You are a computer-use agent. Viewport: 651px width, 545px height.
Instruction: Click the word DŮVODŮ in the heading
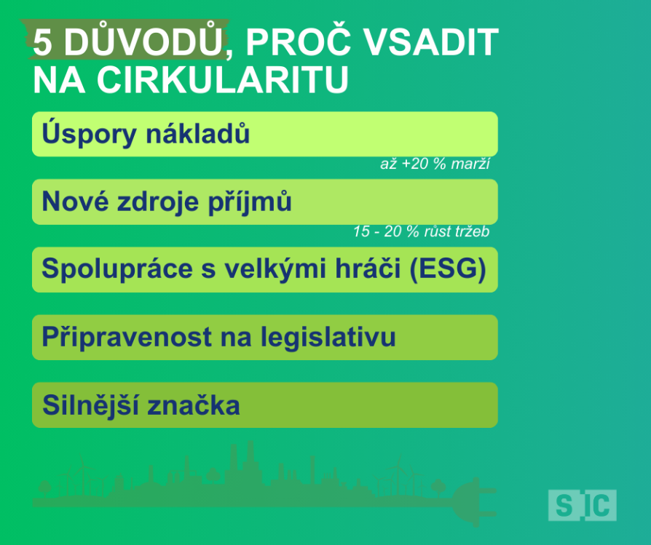pos(143,40)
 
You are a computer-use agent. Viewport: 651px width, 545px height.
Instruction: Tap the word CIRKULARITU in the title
pos(223,79)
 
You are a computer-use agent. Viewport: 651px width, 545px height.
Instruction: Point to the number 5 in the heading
pos(43,42)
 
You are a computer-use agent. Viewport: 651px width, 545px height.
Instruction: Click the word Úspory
pos(90,133)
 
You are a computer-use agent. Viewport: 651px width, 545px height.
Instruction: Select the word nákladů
pos(198,133)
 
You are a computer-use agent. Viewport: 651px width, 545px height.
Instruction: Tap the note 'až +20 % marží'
pos(435,164)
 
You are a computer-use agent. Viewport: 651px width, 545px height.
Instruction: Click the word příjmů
pos(250,202)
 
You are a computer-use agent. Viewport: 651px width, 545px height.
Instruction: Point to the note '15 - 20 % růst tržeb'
pos(422,231)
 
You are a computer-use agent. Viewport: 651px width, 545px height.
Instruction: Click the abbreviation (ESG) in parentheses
pos(448,268)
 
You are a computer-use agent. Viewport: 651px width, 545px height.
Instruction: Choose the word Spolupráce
pos(117,268)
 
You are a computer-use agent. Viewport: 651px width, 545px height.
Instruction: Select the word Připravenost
pos(127,336)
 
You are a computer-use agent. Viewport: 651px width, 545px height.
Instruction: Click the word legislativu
pos(328,336)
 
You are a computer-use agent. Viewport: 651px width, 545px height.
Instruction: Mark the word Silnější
pos(90,405)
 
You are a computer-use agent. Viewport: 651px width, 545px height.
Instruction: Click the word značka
pos(194,405)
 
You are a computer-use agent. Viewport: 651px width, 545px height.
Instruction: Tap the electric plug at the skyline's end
pos(474,502)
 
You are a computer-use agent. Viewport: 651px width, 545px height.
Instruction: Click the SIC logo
pos(582,505)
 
